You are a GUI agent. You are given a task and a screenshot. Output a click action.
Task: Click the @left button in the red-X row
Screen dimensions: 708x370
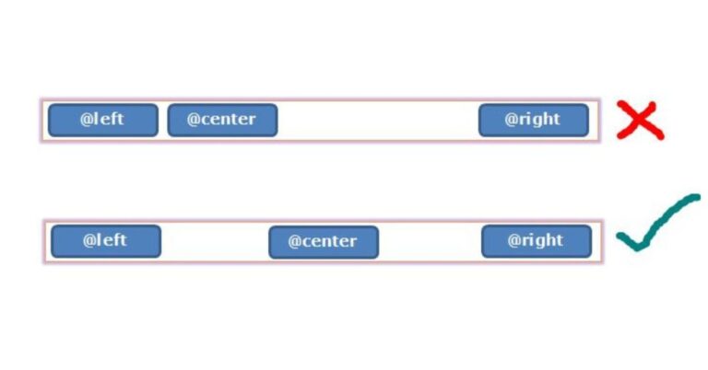coord(103,120)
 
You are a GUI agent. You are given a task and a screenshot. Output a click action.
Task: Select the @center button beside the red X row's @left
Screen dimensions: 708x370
coord(222,120)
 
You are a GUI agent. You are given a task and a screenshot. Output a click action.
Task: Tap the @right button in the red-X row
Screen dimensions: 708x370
coord(534,120)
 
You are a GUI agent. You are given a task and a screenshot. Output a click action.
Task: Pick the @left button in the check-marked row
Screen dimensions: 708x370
coord(106,241)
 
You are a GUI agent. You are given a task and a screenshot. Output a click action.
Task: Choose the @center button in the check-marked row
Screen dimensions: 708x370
coord(324,242)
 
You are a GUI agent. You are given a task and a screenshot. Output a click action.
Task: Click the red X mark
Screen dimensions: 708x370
coord(641,120)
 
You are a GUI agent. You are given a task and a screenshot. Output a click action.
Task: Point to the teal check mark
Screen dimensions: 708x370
coord(658,222)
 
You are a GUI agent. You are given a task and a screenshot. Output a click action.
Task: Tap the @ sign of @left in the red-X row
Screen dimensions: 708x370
coord(87,119)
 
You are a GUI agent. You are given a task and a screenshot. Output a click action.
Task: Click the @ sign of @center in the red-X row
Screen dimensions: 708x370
coord(193,120)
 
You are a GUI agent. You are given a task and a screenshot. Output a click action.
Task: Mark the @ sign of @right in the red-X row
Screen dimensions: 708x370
coord(511,119)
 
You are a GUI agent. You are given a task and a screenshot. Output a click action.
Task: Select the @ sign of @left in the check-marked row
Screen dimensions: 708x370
coord(88,240)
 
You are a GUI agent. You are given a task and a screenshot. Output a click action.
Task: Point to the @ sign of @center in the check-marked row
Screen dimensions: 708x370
coord(294,241)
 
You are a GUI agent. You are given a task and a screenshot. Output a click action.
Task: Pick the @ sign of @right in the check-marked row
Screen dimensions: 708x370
coord(513,240)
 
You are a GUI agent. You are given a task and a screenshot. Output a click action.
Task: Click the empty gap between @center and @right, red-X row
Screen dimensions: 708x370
coord(378,120)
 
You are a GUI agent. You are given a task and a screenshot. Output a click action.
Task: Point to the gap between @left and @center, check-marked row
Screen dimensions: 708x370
coord(215,241)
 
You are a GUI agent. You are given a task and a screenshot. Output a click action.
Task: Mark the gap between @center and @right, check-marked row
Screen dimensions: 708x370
coord(430,241)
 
